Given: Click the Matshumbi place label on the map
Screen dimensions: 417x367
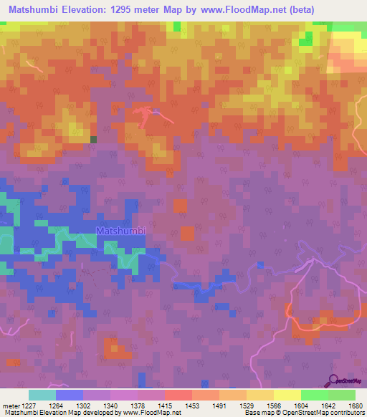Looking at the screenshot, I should pos(121,231).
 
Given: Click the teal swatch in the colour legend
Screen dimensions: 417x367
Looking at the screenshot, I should pos(42,395).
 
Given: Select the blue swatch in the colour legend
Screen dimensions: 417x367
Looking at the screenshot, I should pos(69,395).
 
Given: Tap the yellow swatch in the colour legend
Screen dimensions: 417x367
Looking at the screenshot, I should pos(287,395).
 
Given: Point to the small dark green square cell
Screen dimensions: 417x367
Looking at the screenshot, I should pos(93,139).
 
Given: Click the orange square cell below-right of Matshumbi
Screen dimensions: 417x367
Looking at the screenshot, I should pos(187,233).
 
